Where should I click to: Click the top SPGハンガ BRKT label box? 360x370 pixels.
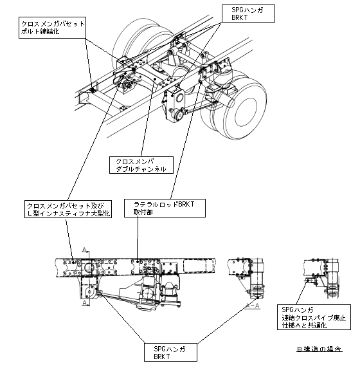pos(249,14)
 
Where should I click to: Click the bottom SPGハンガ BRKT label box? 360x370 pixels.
pos(171,352)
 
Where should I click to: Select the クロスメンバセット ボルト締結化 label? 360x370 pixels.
pos(52,28)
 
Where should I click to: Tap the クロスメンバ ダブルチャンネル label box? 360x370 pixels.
pos(141,165)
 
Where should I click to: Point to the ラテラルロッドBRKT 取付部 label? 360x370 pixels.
pos(165,208)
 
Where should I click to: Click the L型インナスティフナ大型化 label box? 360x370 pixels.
pos(68,209)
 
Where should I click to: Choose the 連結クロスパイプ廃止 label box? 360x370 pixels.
pos(314,317)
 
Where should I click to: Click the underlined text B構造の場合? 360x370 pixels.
pos(319,349)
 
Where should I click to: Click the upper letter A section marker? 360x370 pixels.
pos(84,250)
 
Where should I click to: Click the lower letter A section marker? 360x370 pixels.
pos(84,302)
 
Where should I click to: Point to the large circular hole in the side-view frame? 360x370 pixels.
pos(89,267)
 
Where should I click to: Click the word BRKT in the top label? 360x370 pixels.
pos(240,17)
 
